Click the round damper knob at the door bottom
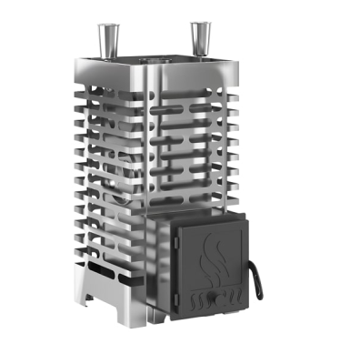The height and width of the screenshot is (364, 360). pos(211,298)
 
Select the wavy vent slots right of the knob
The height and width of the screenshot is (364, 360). pos(230,296)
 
